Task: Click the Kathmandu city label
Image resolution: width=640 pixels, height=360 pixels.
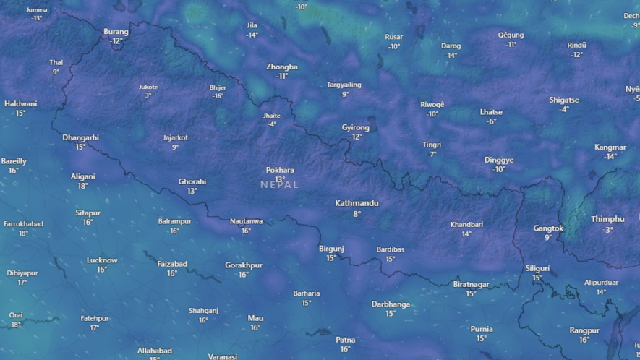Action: (357, 203)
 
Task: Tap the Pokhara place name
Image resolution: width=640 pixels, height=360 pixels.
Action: (280, 170)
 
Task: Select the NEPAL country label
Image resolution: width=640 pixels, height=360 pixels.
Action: (279, 185)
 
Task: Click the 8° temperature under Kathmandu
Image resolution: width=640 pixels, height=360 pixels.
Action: (357, 214)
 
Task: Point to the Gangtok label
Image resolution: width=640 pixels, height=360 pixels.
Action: (548, 228)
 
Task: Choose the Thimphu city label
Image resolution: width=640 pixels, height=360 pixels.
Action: (607, 219)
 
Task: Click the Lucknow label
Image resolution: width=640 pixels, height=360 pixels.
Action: (102, 260)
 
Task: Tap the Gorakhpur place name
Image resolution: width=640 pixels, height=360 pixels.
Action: (244, 265)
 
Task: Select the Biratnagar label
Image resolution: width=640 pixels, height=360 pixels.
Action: (471, 284)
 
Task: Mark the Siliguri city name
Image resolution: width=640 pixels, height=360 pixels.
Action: (537, 268)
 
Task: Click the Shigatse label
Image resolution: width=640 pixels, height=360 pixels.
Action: (564, 100)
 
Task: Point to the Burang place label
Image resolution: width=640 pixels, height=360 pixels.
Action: (116, 32)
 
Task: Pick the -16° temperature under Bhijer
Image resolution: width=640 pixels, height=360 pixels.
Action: (218, 96)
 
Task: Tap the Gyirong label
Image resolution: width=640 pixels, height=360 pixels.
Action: (355, 127)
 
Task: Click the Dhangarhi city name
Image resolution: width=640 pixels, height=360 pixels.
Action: (80, 137)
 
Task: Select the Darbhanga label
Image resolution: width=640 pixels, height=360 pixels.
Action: (391, 304)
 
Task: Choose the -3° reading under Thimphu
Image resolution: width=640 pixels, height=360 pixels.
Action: (607, 230)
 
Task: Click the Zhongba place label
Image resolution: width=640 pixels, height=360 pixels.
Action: (282, 67)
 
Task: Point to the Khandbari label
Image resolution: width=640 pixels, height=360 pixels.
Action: (466, 224)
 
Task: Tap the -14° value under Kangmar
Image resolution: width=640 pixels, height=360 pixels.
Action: (610, 157)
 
